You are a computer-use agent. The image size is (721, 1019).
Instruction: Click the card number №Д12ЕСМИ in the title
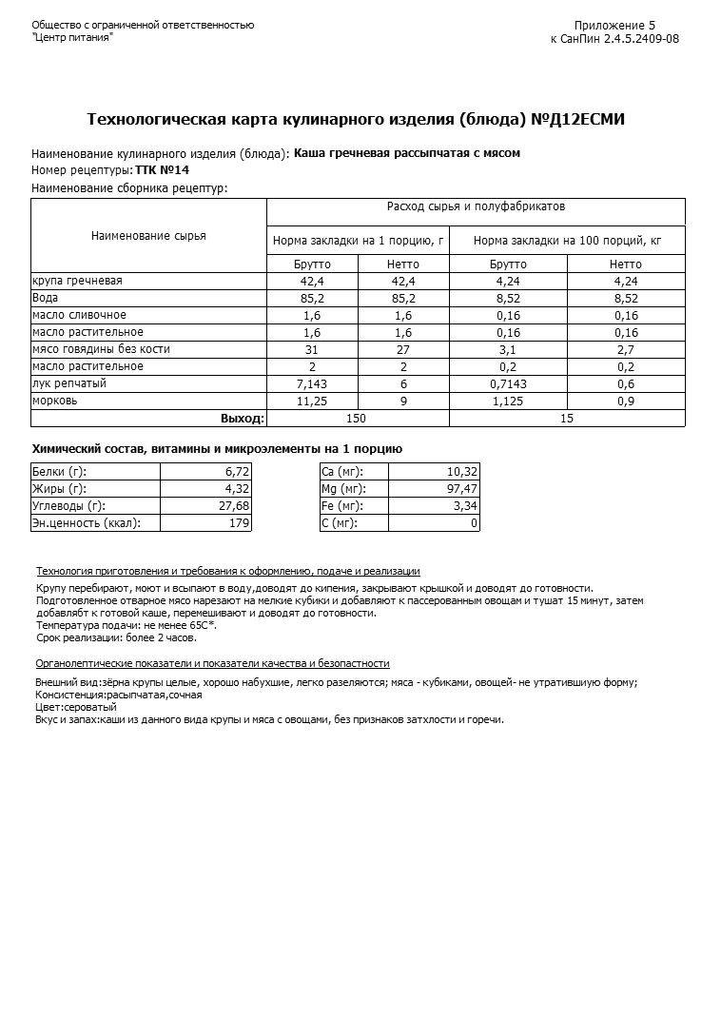[x=577, y=120]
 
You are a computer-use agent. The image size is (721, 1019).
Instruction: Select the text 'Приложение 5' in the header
[x=614, y=26]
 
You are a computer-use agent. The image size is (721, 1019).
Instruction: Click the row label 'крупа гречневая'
[x=77, y=281]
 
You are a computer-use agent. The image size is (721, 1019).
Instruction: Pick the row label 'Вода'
[x=46, y=298]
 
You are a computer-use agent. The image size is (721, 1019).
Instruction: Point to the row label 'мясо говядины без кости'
[x=101, y=349]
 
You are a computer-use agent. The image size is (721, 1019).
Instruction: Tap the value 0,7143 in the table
[x=508, y=383]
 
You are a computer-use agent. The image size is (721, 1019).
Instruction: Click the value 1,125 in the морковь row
[x=508, y=401]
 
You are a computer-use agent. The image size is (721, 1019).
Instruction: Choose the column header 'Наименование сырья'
[x=148, y=236]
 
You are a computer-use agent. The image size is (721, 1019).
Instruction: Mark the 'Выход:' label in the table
[x=242, y=418]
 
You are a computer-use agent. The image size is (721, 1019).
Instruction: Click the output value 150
[x=357, y=418]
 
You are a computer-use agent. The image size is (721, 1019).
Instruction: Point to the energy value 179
[x=240, y=523]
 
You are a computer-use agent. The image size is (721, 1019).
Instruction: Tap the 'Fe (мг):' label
[x=342, y=506]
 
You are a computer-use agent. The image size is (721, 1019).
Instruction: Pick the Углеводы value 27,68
[x=234, y=506]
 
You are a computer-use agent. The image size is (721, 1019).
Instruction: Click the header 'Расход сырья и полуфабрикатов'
[x=476, y=206]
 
